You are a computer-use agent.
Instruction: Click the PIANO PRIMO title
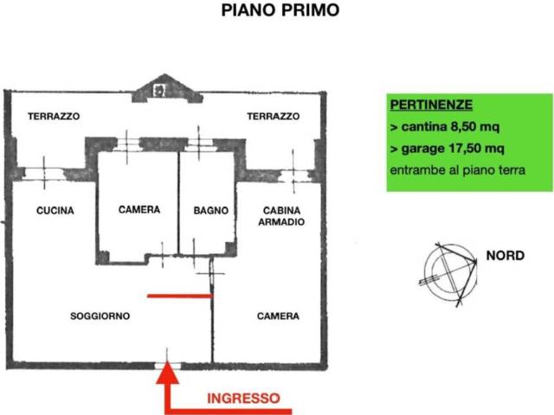pyautogui.click(x=280, y=11)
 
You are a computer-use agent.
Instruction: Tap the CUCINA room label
pyautogui.click(x=55, y=210)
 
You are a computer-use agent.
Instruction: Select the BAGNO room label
pyautogui.click(x=210, y=210)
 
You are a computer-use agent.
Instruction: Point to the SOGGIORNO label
pyautogui.click(x=100, y=316)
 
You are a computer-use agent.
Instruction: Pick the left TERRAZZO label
pyautogui.click(x=54, y=116)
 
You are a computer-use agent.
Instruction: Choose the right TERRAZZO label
pyautogui.click(x=274, y=116)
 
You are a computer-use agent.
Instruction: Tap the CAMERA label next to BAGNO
pyautogui.click(x=138, y=210)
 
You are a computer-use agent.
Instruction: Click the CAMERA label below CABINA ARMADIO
pyautogui.click(x=278, y=316)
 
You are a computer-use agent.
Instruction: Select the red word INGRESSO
pyautogui.click(x=242, y=399)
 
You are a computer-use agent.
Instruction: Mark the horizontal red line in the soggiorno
pyautogui.click(x=179, y=296)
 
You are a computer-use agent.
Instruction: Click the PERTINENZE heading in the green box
pyautogui.click(x=431, y=105)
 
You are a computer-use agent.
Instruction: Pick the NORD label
pyautogui.click(x=505, y=256)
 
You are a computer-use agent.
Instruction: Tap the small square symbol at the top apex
pyautogui.click(x=158, y=88)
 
